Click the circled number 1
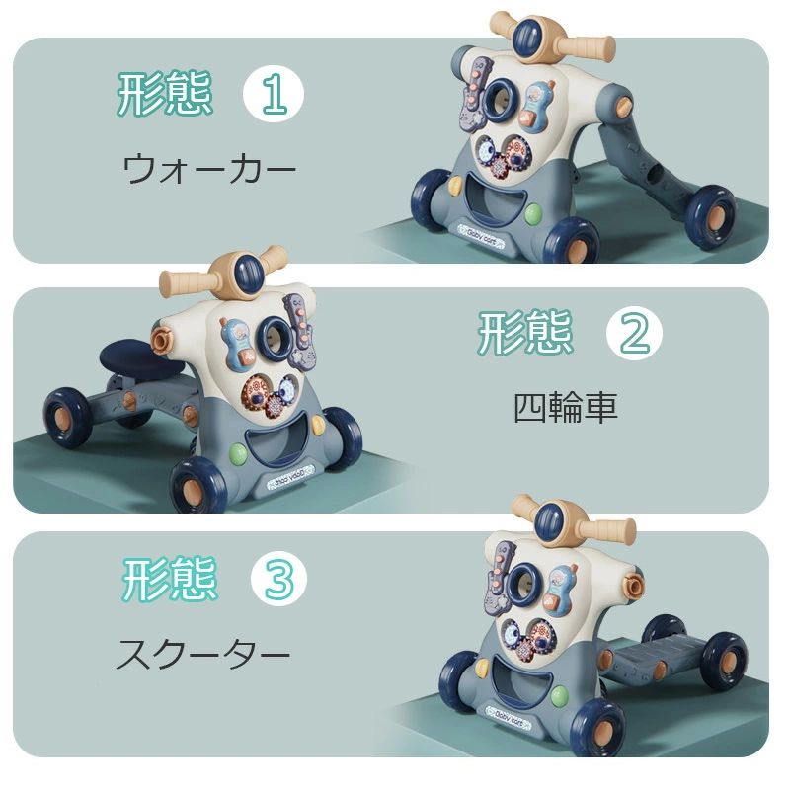274,94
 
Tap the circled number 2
634,333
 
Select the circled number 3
279,579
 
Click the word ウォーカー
209,169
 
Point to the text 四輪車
565,407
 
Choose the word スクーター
203,654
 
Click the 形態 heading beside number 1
165,93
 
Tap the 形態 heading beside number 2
525,332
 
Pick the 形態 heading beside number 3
170,579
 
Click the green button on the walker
533,214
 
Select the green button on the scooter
560,696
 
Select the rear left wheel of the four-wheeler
67,418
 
